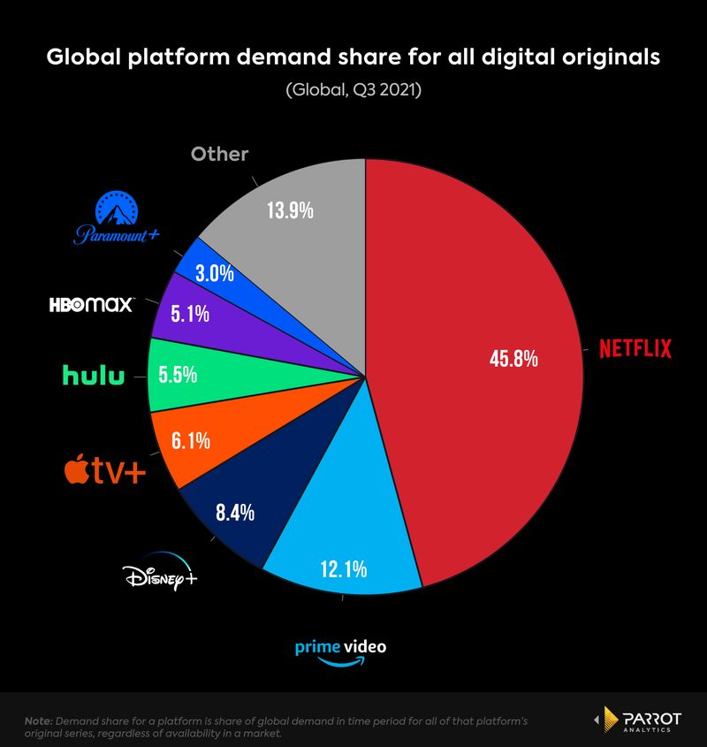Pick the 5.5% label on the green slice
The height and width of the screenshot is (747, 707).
(x=178, y=375)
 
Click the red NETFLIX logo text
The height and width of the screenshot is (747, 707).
(x=635, y=348)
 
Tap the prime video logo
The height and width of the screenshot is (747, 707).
(x=341, y=651)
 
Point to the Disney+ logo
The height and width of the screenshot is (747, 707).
(x=159, y=577)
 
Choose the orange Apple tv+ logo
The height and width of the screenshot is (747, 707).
(x=104, y=470)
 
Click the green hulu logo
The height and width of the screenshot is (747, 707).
(x=93, y=376)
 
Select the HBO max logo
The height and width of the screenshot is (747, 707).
(x=91, y=305)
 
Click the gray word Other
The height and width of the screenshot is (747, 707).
(x=219, y=154)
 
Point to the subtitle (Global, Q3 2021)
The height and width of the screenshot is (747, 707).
(x=353, y=90)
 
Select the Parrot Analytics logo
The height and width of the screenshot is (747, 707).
(x=640, y=720)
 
